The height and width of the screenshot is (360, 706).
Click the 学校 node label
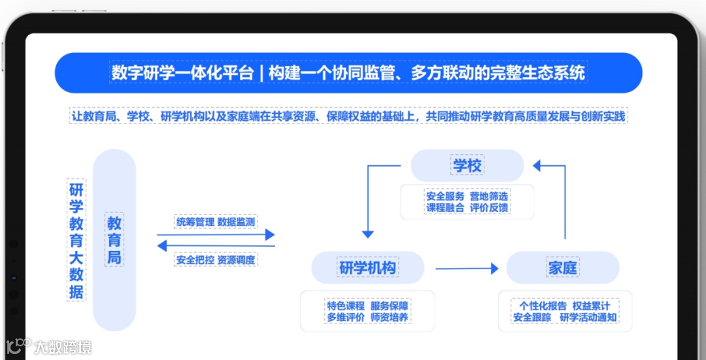pos(467,166)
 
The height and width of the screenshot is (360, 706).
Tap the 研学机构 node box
pos(367,268)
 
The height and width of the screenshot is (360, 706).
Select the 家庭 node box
pos(562,268)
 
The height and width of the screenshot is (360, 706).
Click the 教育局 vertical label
pos(114,240)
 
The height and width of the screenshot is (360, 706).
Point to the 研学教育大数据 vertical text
pos(76,241)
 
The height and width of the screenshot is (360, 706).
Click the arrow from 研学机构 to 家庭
pos(467,268)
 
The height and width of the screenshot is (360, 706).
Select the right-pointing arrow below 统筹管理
pos(216,235)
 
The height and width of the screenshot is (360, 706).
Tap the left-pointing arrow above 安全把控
pos(216,246)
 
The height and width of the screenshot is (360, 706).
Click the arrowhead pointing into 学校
pos(537,166)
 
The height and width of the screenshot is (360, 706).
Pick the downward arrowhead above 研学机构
pos(367,233)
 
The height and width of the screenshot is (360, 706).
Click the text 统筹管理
pos(195,222)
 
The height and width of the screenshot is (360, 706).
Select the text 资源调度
pos(236,260)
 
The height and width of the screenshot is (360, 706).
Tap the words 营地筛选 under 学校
pos(489,196)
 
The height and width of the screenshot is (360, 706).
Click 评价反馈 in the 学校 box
pos(489,208)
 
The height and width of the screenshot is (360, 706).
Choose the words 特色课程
pos(345,306)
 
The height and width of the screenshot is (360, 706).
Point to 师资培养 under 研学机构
pos(390,318)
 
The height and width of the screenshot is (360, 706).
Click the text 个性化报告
pos(543,306)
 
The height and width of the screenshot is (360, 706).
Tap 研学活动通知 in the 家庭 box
pos(588,318)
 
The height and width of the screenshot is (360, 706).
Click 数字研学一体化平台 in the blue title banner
pos(182,73)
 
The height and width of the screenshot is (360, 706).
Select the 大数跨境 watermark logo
pos(49,346)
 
